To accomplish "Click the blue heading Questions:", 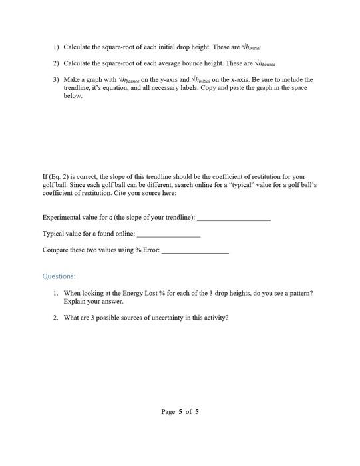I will (59, 276).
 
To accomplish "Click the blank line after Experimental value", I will (234, 218).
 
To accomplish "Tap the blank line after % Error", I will (195, 250).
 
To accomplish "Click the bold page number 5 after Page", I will (180, 411).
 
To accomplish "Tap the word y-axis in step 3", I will (158, 80).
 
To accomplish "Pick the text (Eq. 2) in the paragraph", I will (59, 177).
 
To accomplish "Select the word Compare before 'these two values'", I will (56, 250).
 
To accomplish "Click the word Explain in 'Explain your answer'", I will (74, 301).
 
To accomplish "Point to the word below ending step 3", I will (73, 96).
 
